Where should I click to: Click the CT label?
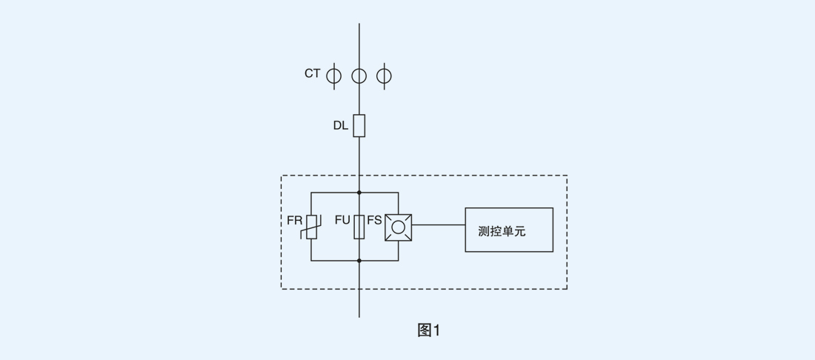pyautogui.click(x=312, y=73)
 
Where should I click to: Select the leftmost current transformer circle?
pyautogui.click(x=334, y=76)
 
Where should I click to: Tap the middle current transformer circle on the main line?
pyautogui.click(x=359, y=76)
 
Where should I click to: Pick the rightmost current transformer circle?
pyautogui.click(x=384, y=76)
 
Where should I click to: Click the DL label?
pyautogui.click(x=340, y=126)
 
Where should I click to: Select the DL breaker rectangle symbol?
pyautogui.click(x=359, y=126)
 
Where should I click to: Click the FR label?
pyautogui.click(x=294, y=221)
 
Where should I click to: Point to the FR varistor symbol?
pyautogui.click(x=311, y=227)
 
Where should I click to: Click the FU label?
pyautogui.click(x=342, y=221)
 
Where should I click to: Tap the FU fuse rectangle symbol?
pyautogui.click(x=359, y=227)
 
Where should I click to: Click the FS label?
pyautogui.click(x=374, y=221)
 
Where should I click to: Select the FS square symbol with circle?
pyautogui.click(x=399, y=227)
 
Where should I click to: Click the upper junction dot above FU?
pyautogui.click(x=359, y=193)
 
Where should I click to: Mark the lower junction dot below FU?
pyautogui.click(x=359, y=261)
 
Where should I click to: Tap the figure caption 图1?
pyautogui.click(x=428, y=331)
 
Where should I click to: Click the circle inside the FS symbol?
pyautogui.click(x=399, y=227)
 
